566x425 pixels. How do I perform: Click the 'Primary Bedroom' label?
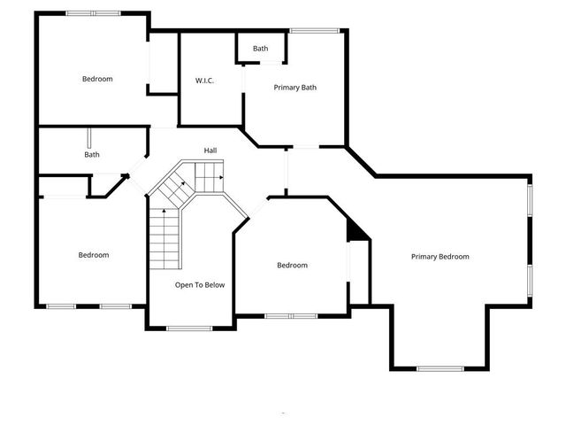440,257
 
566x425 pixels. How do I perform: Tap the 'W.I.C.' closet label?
205,81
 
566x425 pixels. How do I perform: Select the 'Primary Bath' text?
294,88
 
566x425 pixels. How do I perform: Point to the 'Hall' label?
210,151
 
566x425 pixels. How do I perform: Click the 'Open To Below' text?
200,285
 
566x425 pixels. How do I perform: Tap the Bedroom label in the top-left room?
97,79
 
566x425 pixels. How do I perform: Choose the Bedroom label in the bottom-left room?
93,255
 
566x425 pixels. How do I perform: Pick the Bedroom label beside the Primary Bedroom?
292,266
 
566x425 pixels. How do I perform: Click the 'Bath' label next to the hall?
92,155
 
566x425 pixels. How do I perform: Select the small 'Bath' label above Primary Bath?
260,49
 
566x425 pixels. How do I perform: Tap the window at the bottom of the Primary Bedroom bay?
440,368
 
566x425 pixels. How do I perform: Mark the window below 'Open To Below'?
189,328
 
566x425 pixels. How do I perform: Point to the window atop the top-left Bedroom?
93,13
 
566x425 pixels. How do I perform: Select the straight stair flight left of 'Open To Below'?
164,239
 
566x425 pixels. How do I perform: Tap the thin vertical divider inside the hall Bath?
88,140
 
